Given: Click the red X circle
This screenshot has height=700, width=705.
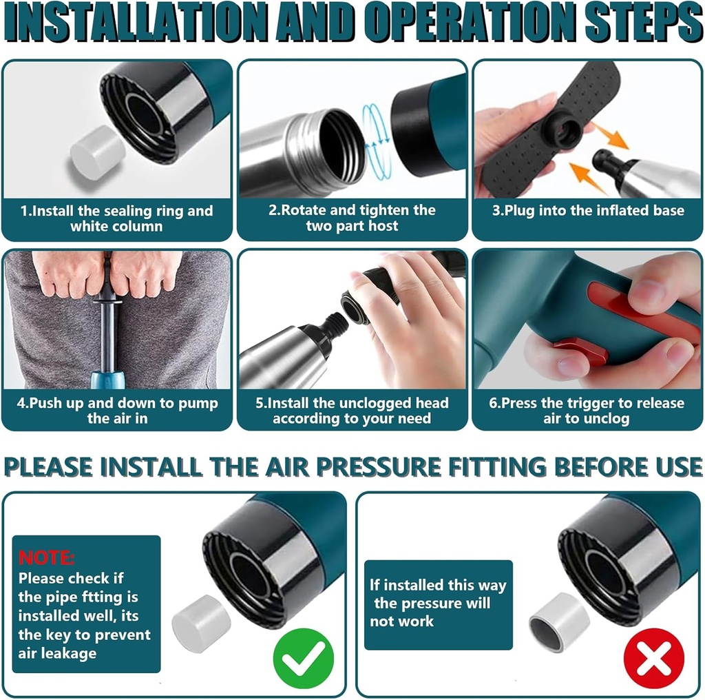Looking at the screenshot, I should point(653,659).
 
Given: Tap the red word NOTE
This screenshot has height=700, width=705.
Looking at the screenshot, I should point(47,557).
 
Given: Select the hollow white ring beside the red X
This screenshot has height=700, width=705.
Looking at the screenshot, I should point(558,621).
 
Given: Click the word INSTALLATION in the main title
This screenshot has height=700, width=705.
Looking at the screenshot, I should point(141,25).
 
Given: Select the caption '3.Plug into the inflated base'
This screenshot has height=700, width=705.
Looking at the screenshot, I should point(587,211).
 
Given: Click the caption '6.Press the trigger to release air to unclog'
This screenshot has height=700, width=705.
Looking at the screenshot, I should point(587,411).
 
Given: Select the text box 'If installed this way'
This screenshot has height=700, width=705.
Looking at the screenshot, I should point(438,604).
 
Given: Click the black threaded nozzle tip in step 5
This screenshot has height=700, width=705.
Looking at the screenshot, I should point(336,323).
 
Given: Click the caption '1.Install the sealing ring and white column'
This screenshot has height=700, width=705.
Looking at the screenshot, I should point(117,218).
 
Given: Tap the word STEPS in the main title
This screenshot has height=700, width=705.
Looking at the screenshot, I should point(633,25).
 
